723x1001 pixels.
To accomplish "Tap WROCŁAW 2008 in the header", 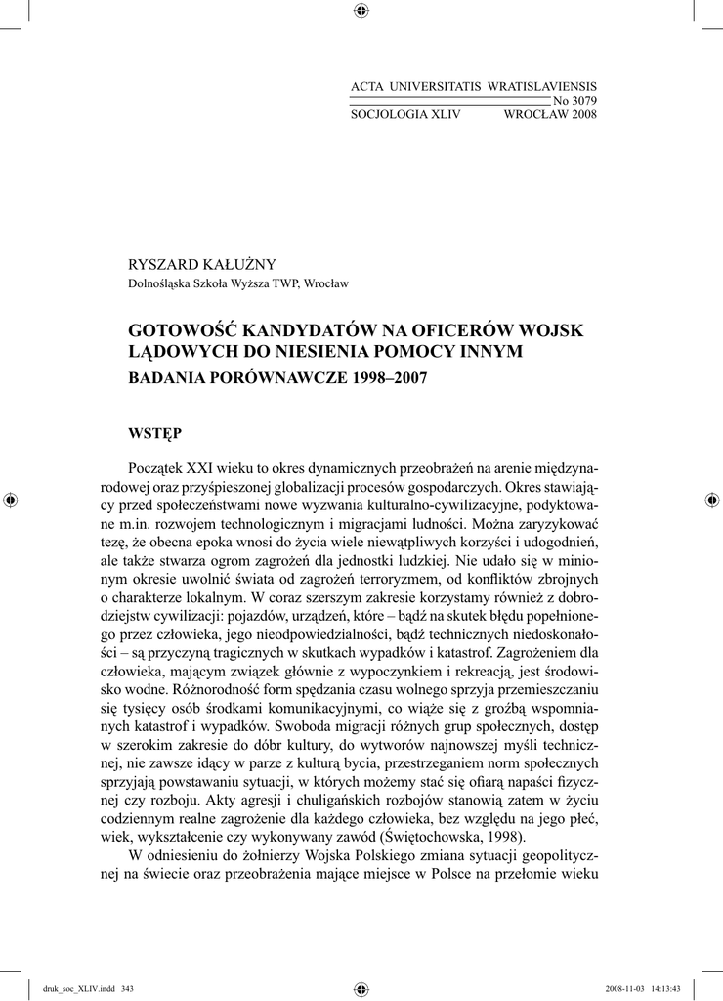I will point(549,114).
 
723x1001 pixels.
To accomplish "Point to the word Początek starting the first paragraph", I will point(163,469).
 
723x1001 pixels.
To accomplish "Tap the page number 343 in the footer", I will point(127,988).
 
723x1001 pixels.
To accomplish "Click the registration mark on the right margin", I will point(710,500).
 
